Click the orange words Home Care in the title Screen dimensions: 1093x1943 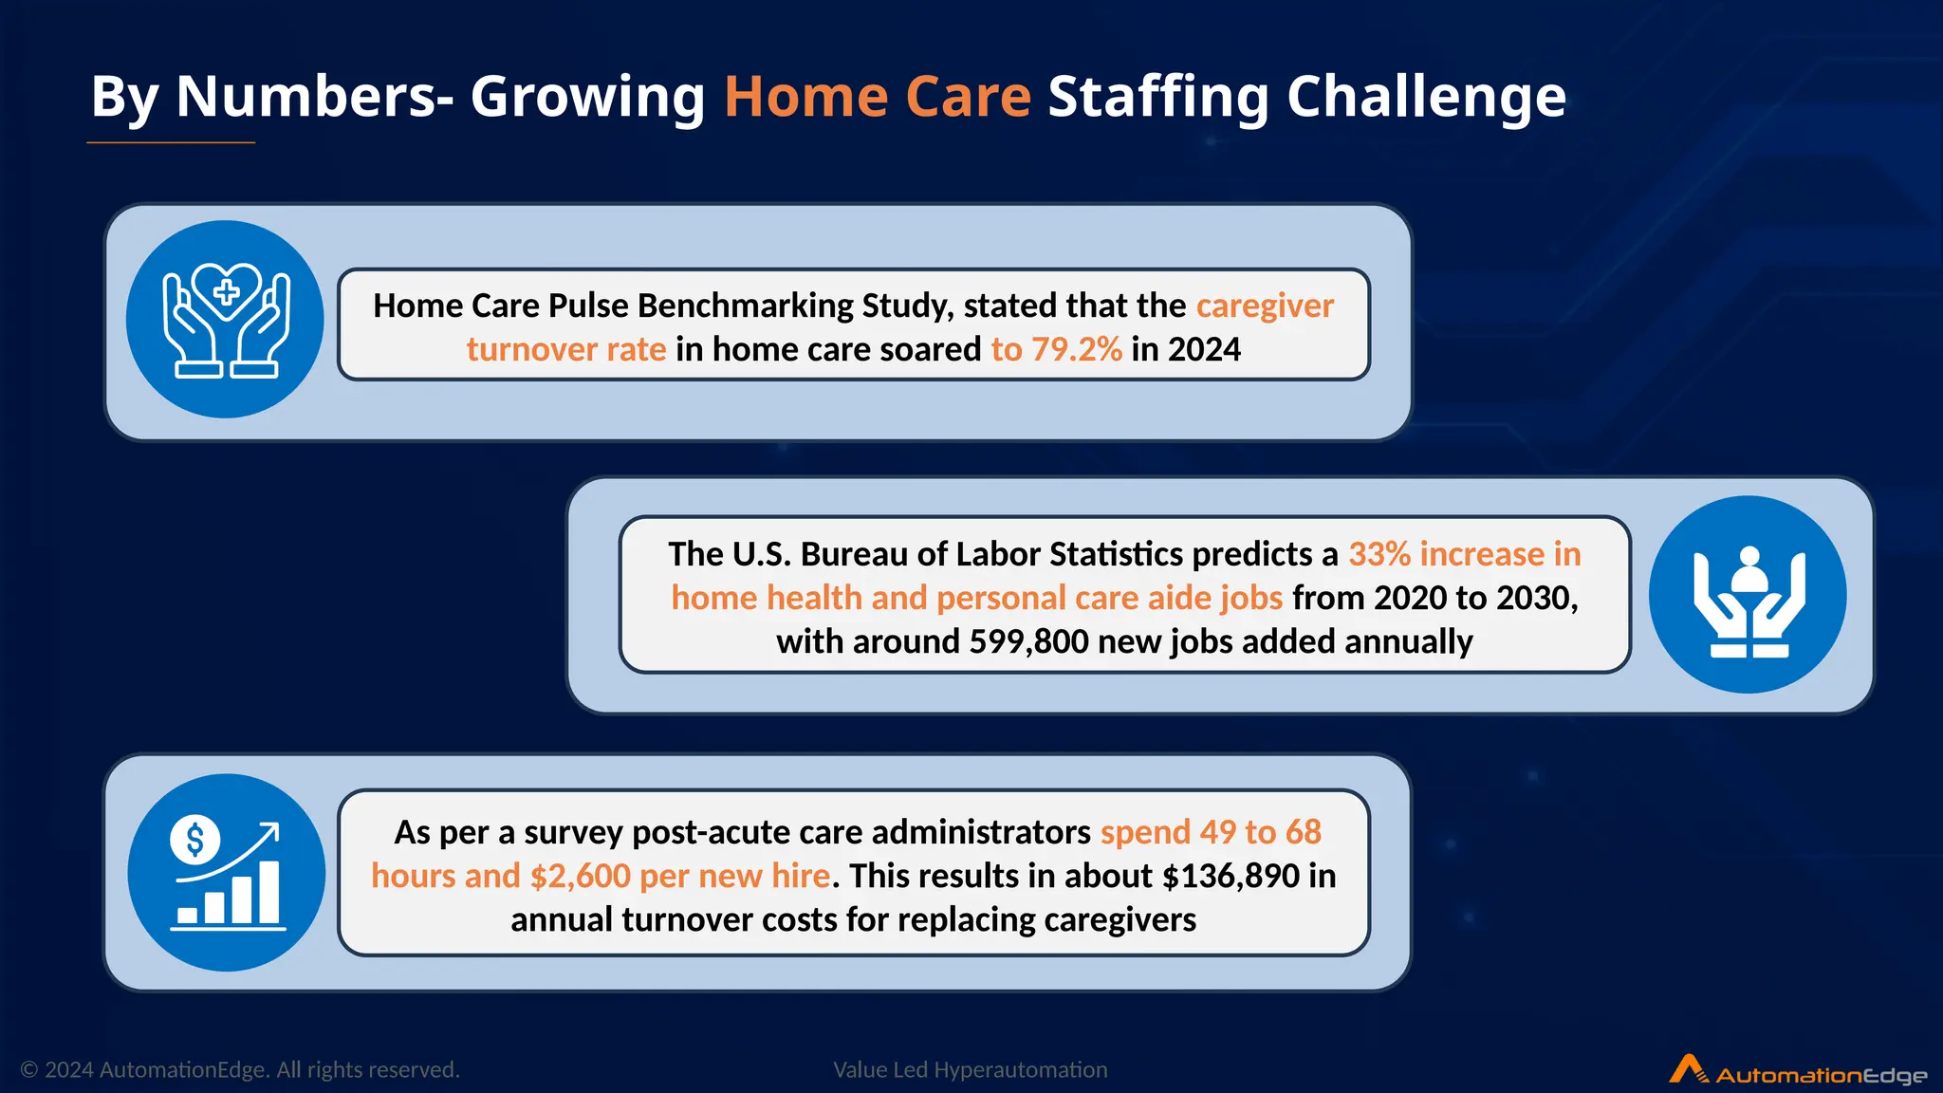click(877, 97)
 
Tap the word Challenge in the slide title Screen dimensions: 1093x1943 click(1425, 97)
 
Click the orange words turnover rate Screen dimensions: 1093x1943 click(566, 349)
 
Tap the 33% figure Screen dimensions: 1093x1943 click(1379, 554)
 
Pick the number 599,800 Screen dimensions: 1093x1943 click(1028, 641)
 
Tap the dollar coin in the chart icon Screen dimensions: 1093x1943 click(195, 840)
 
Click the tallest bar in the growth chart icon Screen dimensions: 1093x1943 click(269, 892)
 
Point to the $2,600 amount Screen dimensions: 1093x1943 click(580, 876)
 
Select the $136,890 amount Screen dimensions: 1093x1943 click(1231, 876)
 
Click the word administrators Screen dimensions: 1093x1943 click(981, 832)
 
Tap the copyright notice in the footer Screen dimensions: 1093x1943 click(240, 1069)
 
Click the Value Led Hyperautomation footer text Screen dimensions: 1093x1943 click(970, 1069)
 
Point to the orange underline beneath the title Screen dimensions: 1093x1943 click(171, 142)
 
